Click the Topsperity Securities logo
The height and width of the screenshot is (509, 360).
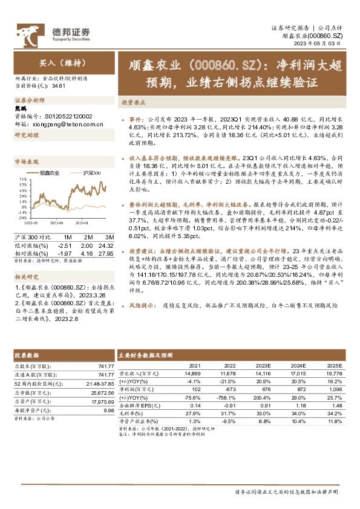click(x=54, y=33)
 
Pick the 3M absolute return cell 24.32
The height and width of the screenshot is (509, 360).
click(x=105, y=245)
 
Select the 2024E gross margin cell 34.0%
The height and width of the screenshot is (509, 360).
click(x=298, y=412)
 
